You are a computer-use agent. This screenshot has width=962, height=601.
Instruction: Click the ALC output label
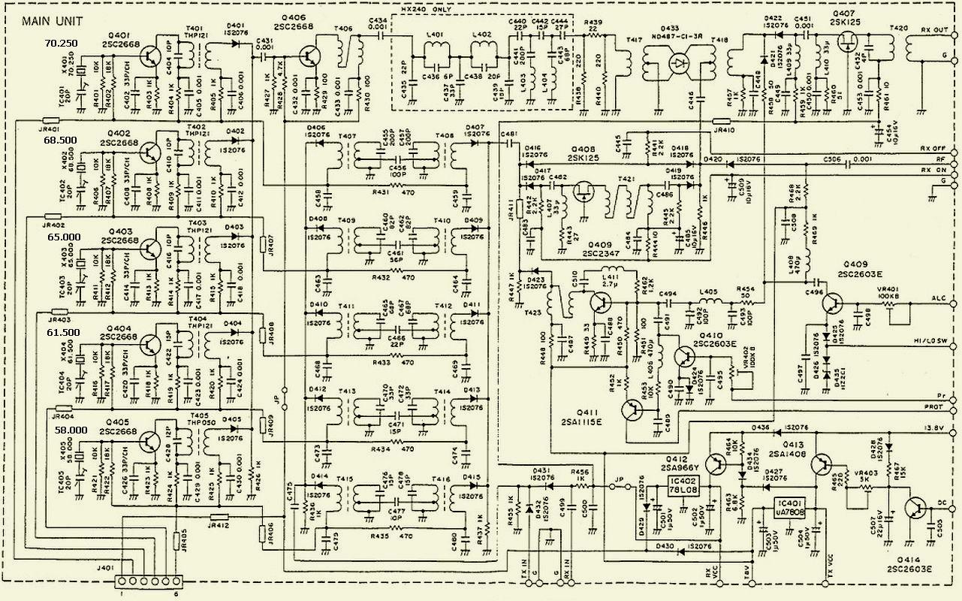click(x=939, y=298)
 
